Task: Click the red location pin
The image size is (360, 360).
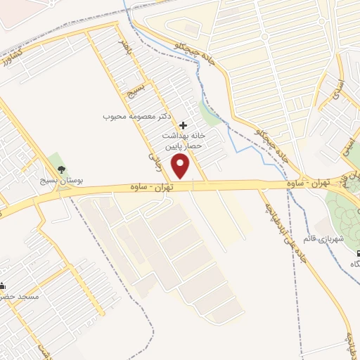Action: (182, 167)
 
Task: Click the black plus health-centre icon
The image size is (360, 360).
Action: (184, 124)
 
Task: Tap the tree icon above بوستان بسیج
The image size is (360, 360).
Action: (61, 169)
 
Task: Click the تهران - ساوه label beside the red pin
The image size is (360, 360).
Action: (150, 186)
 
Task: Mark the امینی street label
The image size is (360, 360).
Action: (346, 143)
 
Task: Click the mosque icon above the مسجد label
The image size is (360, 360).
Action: (2, 285)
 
